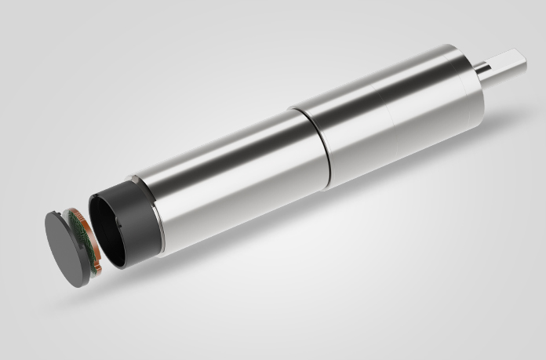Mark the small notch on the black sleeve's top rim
point(137,182)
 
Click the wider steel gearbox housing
point(377,118)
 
